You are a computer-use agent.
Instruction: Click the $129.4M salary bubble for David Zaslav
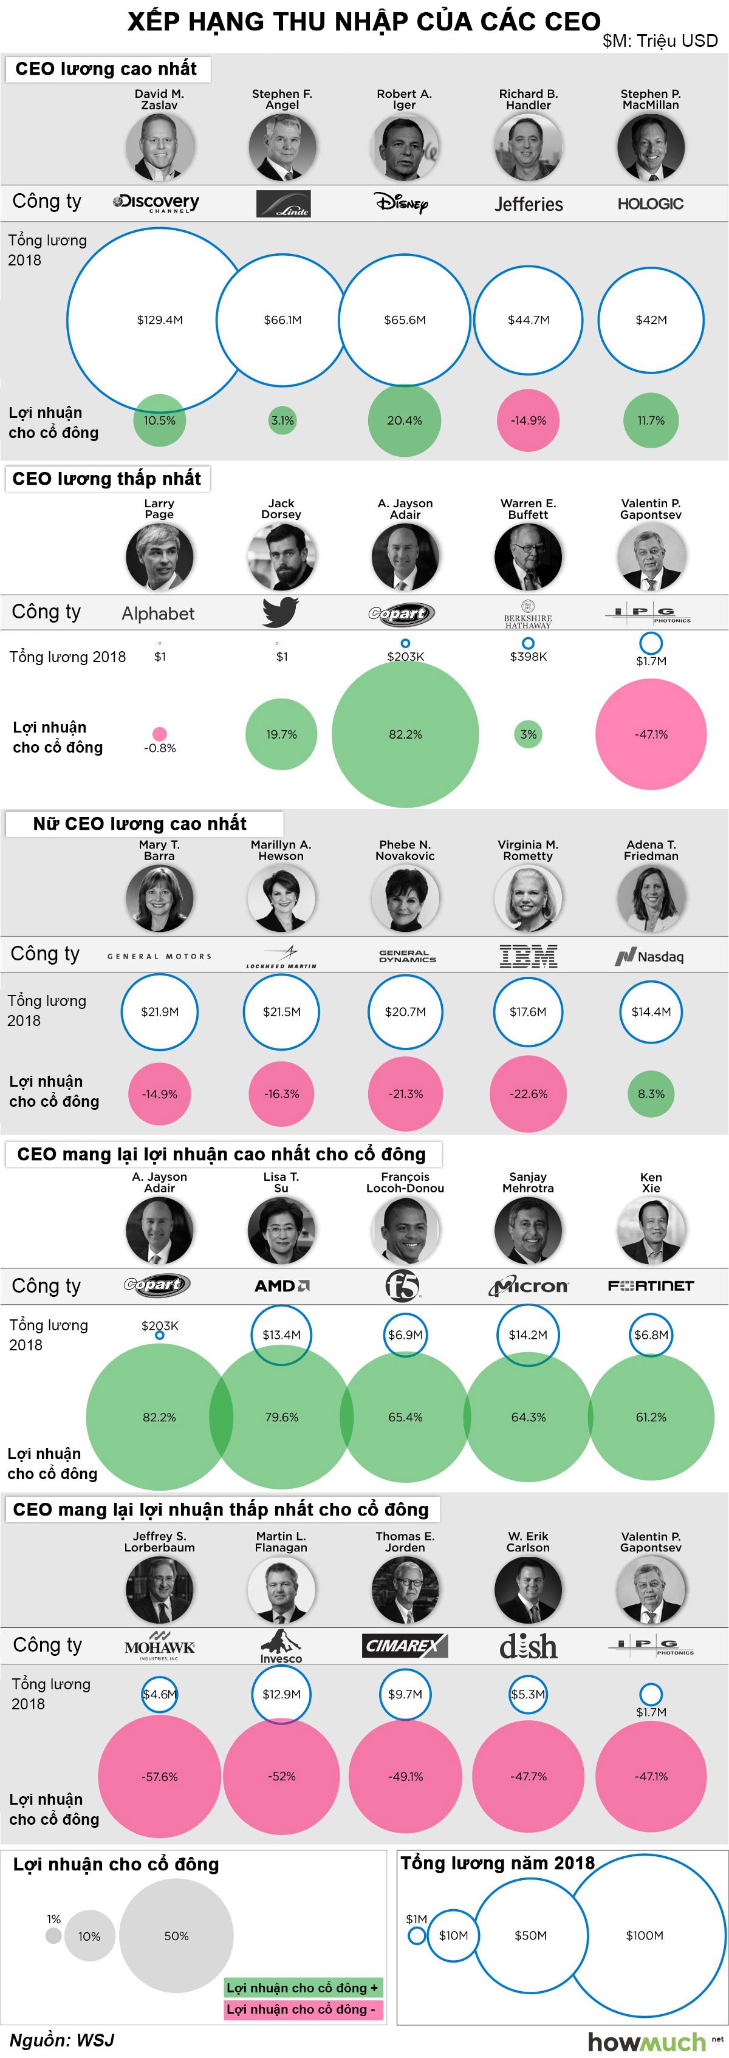pos(159,320)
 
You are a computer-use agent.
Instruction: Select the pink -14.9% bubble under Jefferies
pos(529,420)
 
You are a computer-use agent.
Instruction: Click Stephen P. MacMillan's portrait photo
pos(651,147)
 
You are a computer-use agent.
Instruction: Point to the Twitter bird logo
pos(281,612)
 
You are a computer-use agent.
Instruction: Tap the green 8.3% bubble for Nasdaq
pos(651,1094)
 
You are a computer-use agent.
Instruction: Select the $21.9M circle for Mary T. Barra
pos(159,1011)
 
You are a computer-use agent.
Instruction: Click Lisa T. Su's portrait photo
pos(281,1229)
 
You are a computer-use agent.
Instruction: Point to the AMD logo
pos(281,1285)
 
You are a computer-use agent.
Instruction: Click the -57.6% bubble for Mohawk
pos(159,1776)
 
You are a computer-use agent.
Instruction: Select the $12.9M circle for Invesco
pos(281,1694)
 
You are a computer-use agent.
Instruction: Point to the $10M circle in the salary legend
pos(453,1935)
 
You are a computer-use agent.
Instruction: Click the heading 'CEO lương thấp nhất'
pos(107,479)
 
